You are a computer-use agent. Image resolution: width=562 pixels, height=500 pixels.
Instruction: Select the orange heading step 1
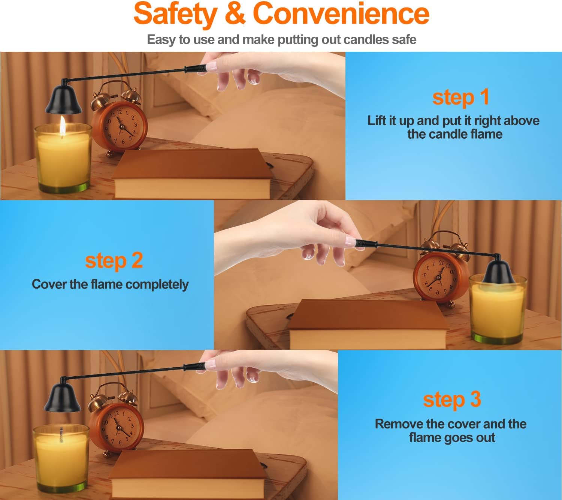460,98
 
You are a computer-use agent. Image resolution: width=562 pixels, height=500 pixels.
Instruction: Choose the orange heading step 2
114,261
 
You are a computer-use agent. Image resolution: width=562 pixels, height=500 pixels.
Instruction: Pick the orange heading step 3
452,400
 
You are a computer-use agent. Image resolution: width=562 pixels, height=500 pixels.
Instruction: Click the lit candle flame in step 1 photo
63,126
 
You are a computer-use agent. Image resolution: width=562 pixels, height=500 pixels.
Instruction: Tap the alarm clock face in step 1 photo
121,127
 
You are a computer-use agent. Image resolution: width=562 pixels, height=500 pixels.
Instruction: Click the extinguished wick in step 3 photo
61,434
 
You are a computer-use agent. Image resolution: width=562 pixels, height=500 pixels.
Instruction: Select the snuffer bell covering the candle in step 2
498,270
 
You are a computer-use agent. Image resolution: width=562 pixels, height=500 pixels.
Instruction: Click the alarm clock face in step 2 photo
439,277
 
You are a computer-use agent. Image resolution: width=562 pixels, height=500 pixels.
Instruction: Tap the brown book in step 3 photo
187,474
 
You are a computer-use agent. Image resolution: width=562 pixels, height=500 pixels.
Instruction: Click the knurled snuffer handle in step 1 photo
196,68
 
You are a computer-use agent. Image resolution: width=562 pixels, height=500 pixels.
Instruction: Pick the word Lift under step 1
377,120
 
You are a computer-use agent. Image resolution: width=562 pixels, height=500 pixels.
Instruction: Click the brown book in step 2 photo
368,324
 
